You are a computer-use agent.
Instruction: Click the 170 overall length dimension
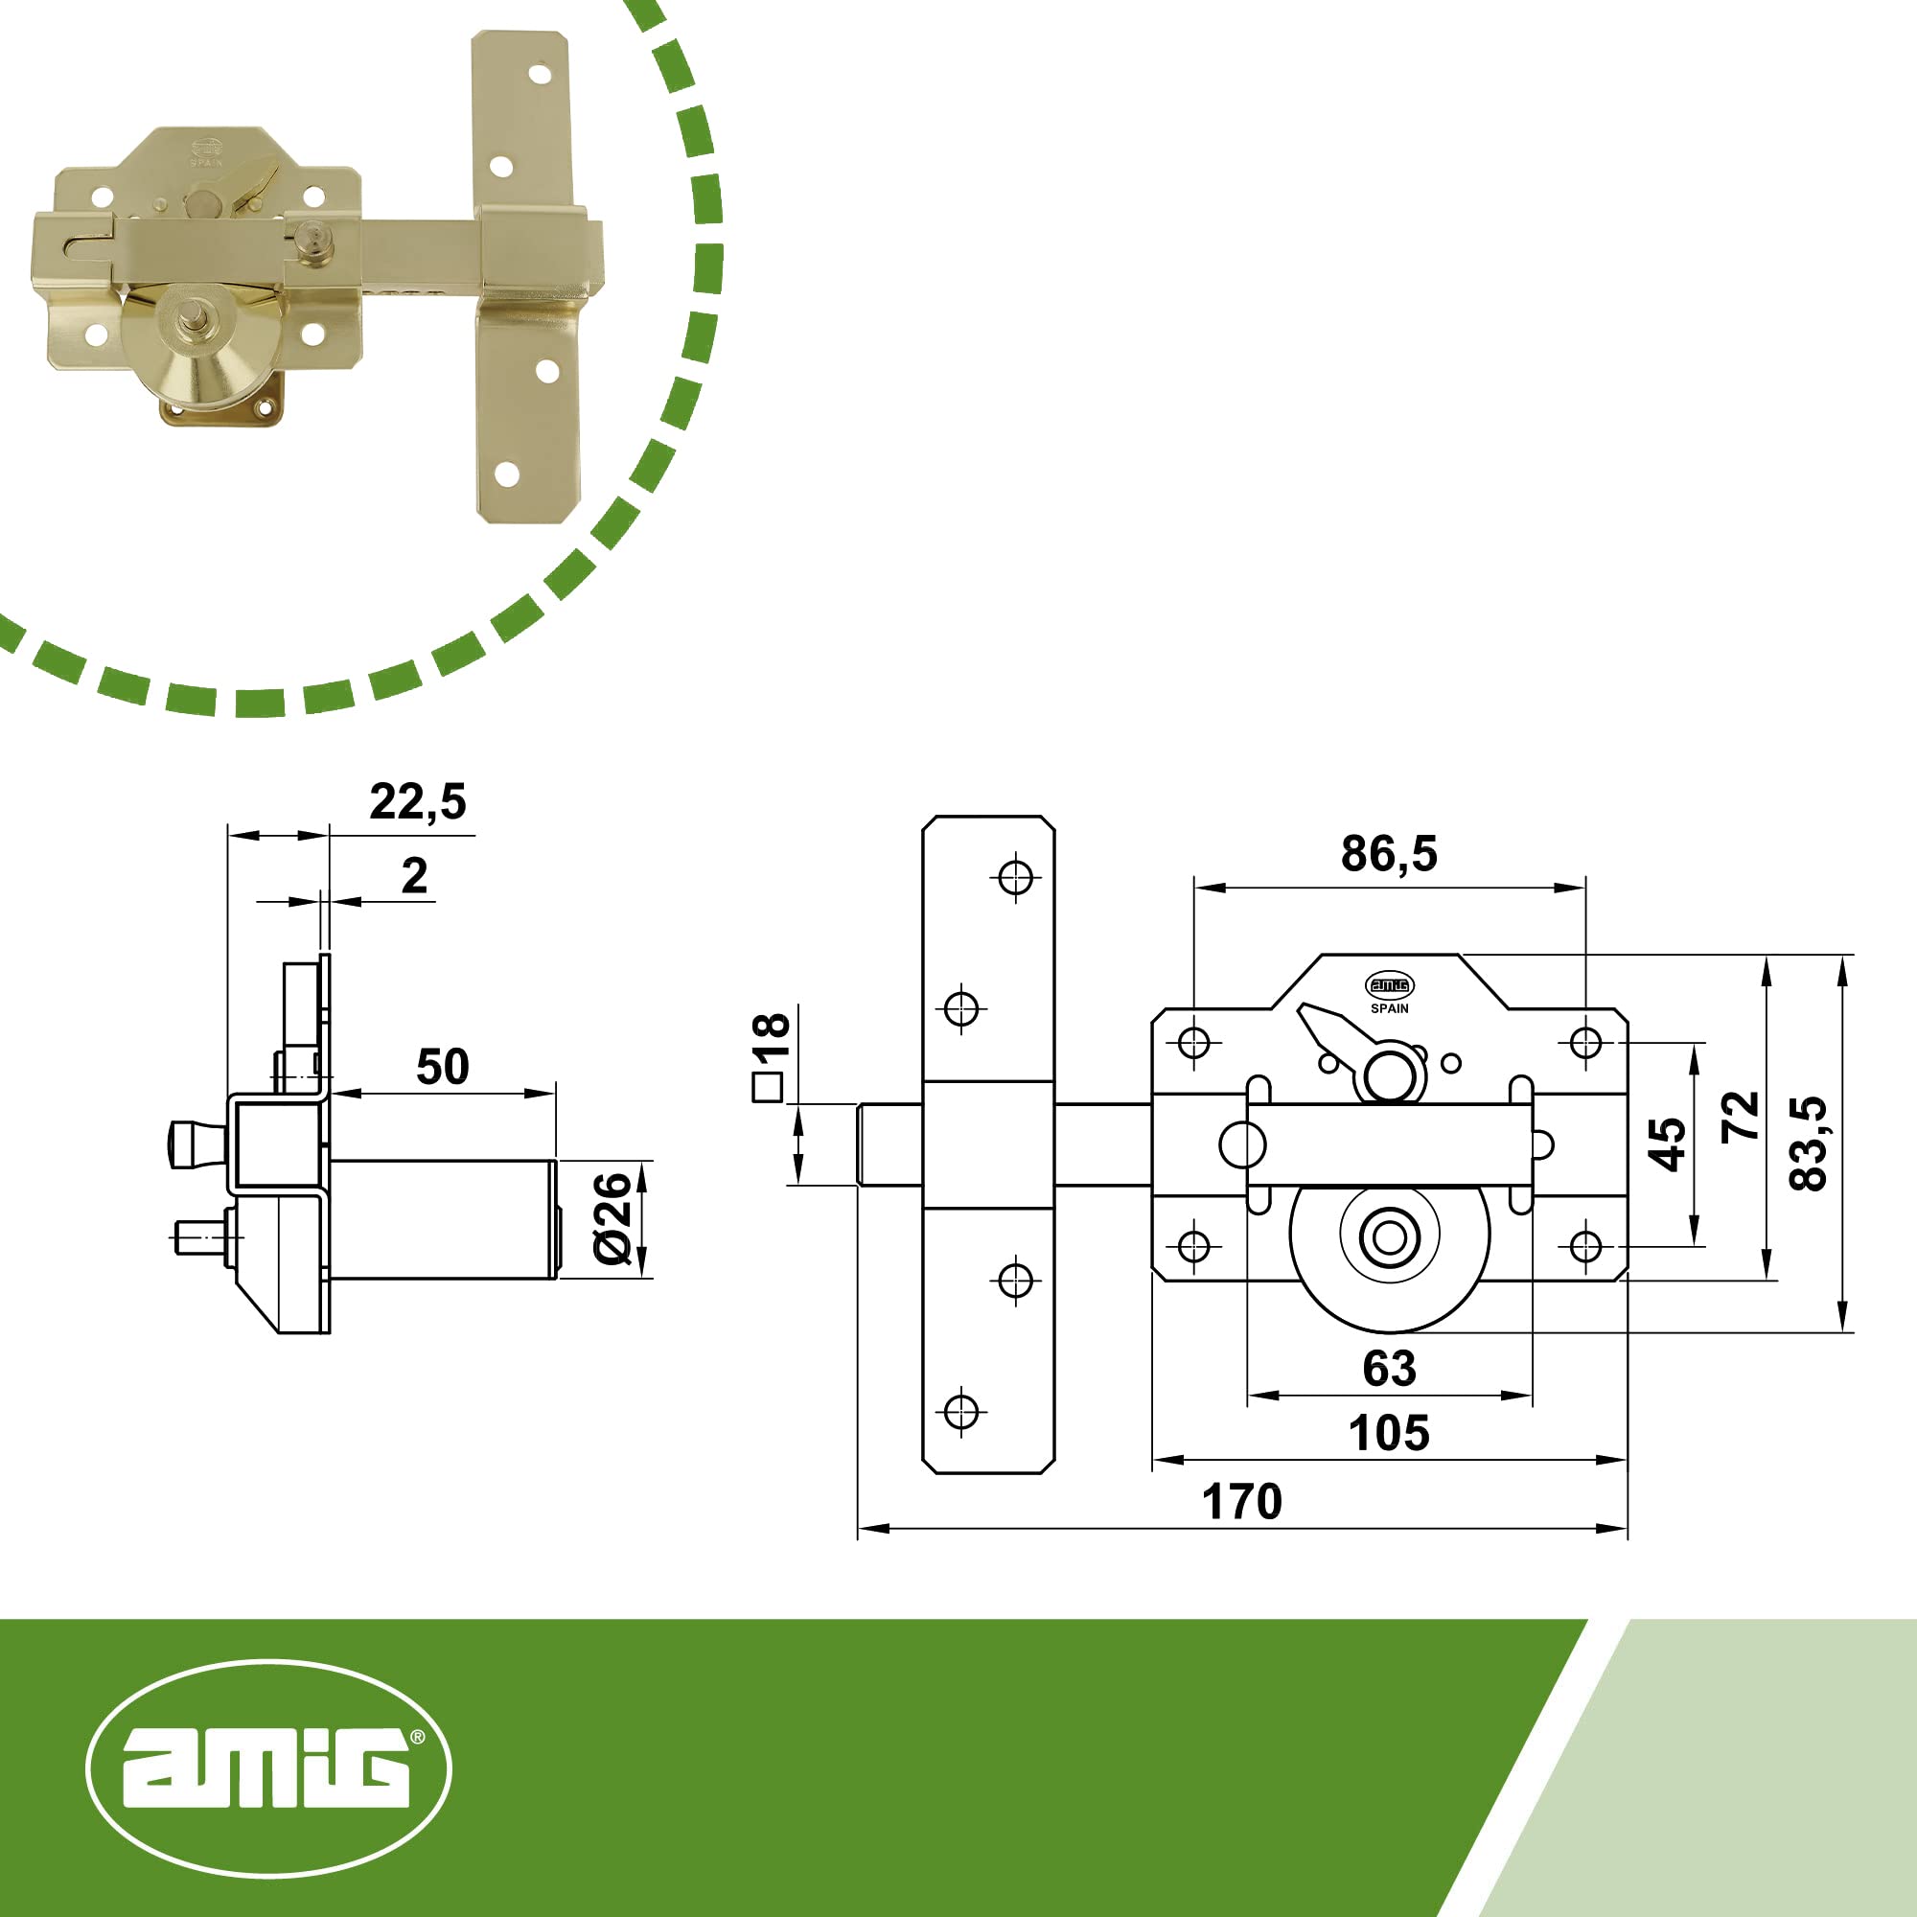(1241, 1501)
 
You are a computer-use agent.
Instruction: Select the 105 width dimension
(1389, 1433)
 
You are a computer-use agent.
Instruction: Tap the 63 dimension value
(1389, 1369)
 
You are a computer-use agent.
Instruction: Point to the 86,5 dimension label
(1389, 853)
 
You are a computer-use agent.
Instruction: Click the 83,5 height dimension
(1808, 1143)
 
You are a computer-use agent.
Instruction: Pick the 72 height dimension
(1741, 1117)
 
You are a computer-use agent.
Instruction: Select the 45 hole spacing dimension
(1666, 1144)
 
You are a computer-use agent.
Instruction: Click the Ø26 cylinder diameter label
(612, 1218)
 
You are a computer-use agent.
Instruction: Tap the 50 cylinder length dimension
(443, 1067)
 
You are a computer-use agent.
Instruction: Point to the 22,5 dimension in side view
(418, 801)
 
